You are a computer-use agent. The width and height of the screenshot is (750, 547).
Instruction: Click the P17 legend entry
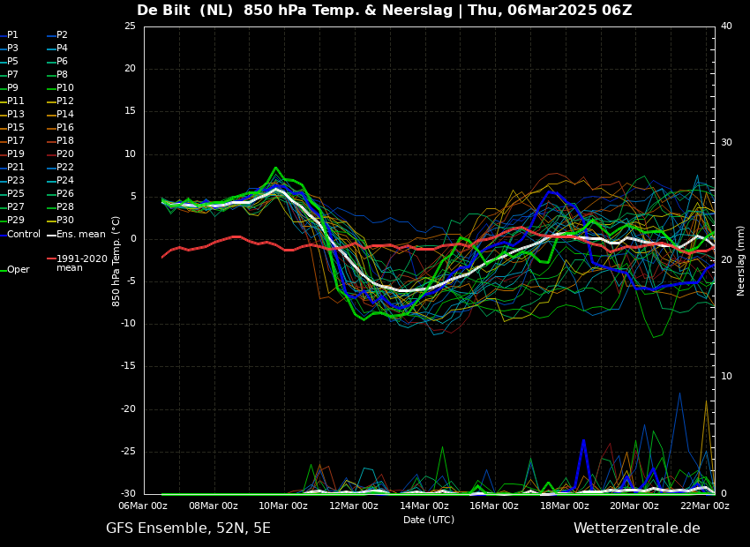click(12, 140)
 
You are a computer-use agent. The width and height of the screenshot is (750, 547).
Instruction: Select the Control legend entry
click(20, 235)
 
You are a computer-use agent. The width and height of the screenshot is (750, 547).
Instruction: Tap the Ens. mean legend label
click(76, 235)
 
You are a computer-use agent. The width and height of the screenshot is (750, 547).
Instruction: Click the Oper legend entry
click(15, 270)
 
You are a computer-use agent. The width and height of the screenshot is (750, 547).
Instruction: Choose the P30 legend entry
click(62, 220)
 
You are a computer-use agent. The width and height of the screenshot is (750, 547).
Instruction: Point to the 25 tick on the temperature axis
click(130, 26)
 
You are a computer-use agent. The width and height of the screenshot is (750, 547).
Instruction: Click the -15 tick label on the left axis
click(128, 366)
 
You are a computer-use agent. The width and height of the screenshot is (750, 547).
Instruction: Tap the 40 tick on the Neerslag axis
click(726, 26)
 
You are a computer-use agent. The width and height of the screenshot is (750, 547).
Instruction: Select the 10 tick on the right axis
click(726, 377)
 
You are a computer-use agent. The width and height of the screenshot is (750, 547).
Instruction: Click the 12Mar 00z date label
click(354, 506)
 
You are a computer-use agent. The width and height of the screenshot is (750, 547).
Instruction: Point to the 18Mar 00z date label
click(565, 506)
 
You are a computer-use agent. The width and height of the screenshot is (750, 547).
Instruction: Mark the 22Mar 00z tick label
click(705, 506)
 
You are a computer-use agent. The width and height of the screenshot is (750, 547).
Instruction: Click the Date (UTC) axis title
click(429, 520)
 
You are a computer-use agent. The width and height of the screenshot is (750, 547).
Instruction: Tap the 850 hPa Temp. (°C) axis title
click(116, 261)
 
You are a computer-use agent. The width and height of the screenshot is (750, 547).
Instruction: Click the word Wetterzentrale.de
click(637, 528)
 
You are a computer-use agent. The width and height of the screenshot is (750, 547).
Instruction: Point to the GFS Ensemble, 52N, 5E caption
click(189, 528)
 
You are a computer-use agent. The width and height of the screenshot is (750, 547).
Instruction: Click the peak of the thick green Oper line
click(275, 168)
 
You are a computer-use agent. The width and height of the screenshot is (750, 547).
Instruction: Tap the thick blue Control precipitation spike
click(583, 440)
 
